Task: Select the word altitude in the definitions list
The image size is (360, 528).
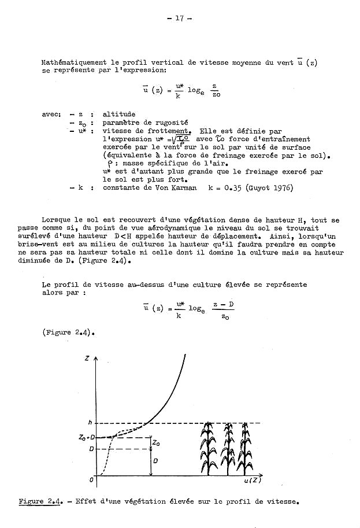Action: tap(118, 115)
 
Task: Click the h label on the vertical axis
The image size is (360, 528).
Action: tap(90, 423)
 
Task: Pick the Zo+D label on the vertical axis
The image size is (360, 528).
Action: tap(87, 438)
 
